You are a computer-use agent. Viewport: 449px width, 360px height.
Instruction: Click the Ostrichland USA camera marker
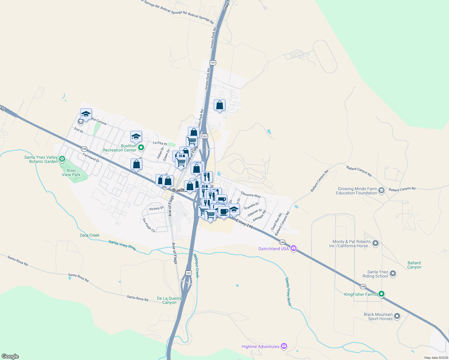point(294,248)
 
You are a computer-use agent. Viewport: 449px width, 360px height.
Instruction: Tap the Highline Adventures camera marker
point(284,346)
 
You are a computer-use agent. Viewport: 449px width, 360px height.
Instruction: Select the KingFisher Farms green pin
point(381,294)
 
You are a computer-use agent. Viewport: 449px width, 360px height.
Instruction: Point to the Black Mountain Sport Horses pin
point(397,316)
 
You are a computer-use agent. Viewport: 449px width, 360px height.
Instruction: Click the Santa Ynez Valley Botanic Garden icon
point(62,158)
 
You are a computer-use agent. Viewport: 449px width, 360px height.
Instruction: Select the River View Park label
point(71,172)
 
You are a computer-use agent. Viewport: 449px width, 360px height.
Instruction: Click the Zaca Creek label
point(89,235)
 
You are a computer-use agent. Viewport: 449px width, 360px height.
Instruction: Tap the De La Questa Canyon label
point(170,300)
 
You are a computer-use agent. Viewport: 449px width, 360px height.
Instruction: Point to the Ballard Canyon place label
point(414,265)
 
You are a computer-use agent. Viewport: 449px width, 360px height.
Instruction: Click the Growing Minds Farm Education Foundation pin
point(381,190)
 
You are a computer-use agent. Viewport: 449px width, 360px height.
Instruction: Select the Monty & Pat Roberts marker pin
point(375,243)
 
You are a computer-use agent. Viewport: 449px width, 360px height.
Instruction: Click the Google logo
point(10,356)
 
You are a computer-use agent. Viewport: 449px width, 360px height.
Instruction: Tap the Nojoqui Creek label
point(196,265)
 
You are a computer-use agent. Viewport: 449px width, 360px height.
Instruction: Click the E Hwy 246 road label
point(245,223)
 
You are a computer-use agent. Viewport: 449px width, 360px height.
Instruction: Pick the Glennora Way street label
point(251,195)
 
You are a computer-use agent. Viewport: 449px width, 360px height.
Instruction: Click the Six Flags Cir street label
point(149,225)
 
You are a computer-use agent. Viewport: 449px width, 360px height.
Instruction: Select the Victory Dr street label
point(156,208)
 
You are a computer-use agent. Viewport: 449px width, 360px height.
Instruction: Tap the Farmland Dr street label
point(91,157)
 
